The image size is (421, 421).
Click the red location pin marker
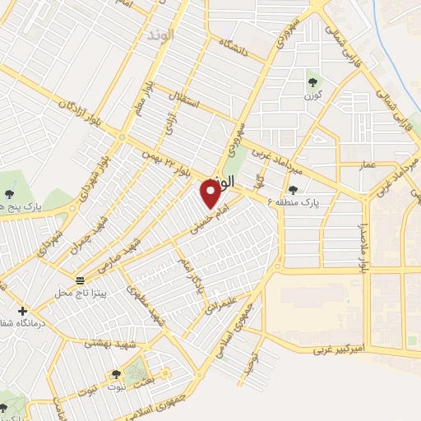click(210, 194)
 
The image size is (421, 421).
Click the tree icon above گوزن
click(313, 81)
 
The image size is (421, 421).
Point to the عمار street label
click(367, 165)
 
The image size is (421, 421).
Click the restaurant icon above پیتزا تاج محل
click(80, 280)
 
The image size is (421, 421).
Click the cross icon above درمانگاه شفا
click(22, 311)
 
